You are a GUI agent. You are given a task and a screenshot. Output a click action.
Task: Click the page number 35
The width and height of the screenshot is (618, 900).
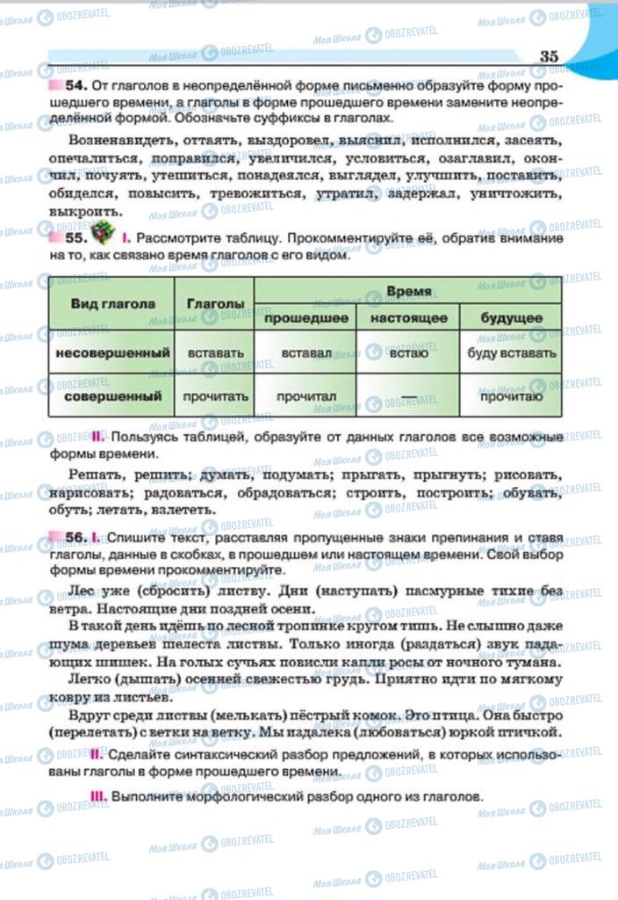pos(549,56)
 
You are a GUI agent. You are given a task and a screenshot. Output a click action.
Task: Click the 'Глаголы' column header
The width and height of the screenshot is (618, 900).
pos(214,303)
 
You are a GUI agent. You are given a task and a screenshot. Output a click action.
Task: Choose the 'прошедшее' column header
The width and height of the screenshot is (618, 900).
pos(305,317)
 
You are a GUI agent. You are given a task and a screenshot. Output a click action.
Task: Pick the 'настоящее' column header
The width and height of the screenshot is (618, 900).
pos(408,317)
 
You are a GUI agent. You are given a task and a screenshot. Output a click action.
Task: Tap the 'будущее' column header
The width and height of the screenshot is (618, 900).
pos(512,317)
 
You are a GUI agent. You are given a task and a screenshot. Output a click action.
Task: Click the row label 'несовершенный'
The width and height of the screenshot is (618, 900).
pos(111,352)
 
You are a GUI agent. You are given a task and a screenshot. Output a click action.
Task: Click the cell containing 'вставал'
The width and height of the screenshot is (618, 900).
pos(305,352)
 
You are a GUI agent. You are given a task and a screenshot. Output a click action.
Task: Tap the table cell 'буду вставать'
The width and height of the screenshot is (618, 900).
pos(512,352)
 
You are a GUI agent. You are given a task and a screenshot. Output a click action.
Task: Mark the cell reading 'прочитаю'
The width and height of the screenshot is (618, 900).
pos(512,396)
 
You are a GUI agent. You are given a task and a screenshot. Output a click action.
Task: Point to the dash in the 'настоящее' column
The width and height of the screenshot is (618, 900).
pos(408,397)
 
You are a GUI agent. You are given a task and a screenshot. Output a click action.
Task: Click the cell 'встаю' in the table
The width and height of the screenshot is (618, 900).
pos(408,352)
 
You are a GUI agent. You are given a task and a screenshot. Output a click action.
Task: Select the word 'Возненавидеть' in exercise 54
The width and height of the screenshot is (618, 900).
pos(111,140)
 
